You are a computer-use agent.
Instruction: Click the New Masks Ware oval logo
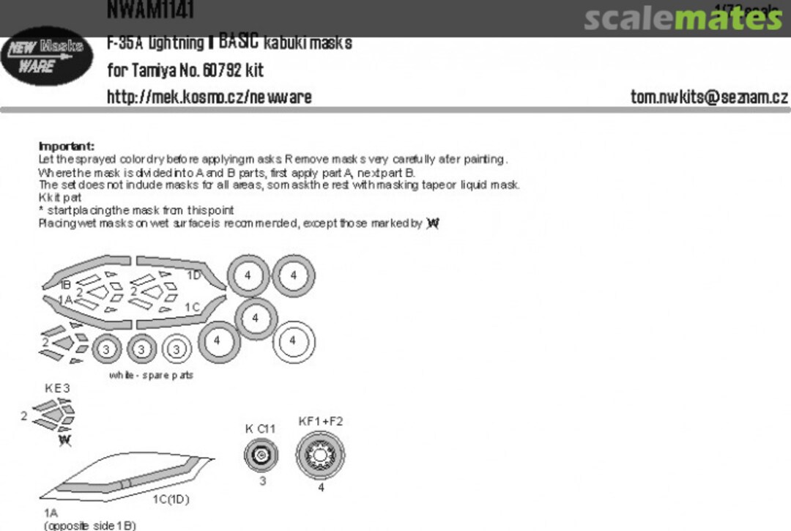(x=47, y=56)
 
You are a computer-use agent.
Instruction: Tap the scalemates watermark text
(x=683, y=18)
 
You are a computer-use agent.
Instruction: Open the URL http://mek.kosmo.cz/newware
(x=209, y=97)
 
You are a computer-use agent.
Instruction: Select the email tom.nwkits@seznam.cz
(x=709, y=97)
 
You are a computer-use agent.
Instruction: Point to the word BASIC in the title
(x=238, y=42)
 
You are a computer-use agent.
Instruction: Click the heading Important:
(x=66, y=146)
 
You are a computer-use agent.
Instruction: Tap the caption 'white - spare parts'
(x=152, y=375)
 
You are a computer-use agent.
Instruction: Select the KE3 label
(x=58, y=388)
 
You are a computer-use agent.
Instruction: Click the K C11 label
(x=260, y=428)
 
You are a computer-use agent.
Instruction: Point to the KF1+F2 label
(x=321, y=421)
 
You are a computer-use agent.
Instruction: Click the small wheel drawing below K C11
(x=261, y=456)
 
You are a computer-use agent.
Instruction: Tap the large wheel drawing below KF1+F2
(x=320, y=455)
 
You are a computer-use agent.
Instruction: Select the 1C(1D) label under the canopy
(x=171, y=500)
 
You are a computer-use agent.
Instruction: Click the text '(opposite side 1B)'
(x=89, y=525)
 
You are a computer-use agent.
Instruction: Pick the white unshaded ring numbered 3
(x=177, y=349)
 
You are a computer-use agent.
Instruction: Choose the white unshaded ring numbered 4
(x=293, y=341)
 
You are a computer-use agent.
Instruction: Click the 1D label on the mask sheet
(x=193, y=275)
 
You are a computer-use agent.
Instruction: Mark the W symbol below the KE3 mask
(x=65, y=439)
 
